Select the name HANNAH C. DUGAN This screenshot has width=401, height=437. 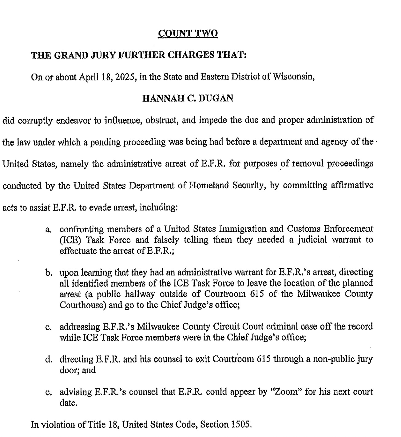tap(188, 98)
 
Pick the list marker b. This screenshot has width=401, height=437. tap(48, 273)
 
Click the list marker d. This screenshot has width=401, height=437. tap(48, 360)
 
